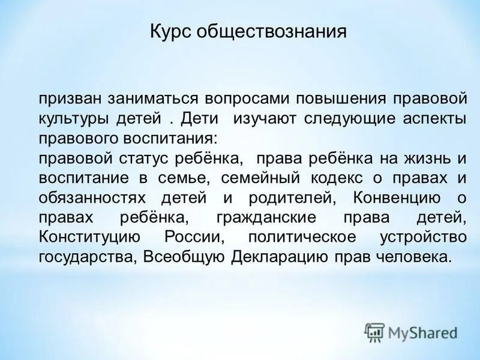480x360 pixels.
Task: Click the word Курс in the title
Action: [170, 31]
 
